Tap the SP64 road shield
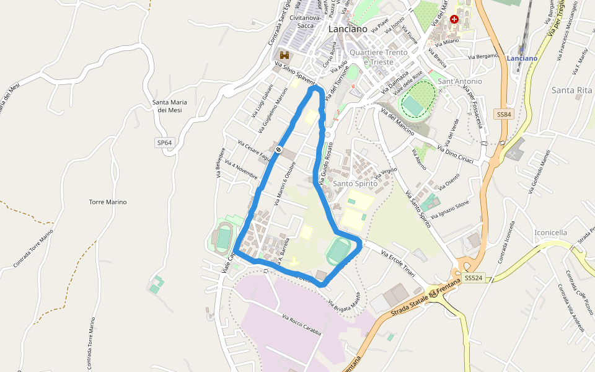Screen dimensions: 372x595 (164, 143)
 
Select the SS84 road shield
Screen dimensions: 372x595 (504, 115)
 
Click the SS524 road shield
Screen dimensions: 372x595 (473, 278)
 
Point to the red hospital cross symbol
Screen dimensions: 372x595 (454, 20)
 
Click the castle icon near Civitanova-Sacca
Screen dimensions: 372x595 (284, 55)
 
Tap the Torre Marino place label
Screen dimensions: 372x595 (108, 202)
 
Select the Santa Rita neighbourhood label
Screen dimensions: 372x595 (571, 91)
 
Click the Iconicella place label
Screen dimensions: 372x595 (550, 232)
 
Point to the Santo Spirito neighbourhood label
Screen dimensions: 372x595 (355, 184)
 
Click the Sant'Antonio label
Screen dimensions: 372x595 (460, 81)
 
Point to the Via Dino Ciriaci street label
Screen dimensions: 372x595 (456, 155)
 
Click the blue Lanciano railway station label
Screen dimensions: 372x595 (522, 58)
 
